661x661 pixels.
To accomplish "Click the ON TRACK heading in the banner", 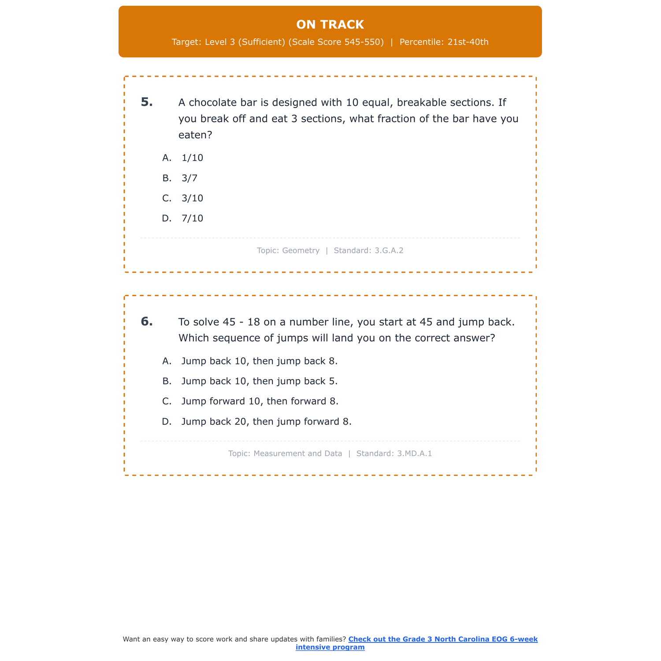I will (330, 25).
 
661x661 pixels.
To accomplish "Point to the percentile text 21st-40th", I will (468, 42).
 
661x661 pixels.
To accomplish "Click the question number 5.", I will (147, 102).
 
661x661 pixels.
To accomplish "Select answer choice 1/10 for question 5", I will (192, 158).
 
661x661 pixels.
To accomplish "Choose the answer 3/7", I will (189, 178).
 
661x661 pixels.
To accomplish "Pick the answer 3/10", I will (192, 198).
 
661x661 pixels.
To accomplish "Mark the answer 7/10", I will (192, 219).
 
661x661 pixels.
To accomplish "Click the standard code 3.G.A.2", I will (389, 251).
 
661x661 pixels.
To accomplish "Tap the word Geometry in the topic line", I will (301, 251).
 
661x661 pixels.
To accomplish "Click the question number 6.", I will (147, 322).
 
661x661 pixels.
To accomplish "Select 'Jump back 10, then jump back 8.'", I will (259, 361).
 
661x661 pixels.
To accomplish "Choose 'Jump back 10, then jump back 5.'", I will (259, 382).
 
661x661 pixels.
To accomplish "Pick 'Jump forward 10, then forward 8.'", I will (260, 401).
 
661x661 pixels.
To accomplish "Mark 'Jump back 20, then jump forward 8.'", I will (266, 422).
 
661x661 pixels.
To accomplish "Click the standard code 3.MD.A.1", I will (414, 453).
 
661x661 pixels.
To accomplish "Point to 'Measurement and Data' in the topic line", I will (297, 453).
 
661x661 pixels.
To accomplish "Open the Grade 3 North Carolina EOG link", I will (442, 639).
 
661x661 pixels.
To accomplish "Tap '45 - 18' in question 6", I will (241, 322).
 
